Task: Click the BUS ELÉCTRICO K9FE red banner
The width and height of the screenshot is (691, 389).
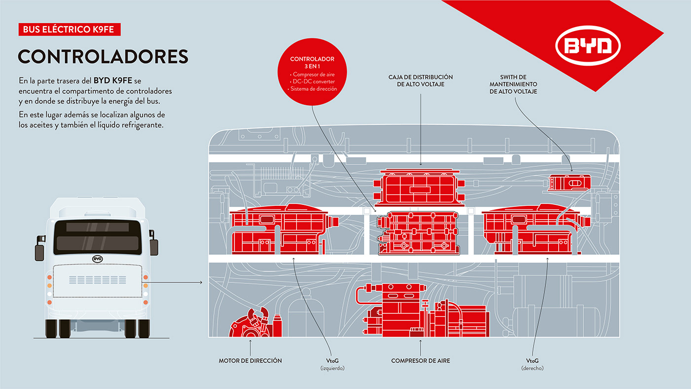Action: pyautogui.click(x=69, y=30)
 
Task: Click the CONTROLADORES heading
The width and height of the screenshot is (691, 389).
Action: pyautogui.click(x=103, y=56)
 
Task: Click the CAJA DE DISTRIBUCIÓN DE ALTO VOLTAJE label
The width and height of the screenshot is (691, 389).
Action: pyautogui.click(x=421, y=81)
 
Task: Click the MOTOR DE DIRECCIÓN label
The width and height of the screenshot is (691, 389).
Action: pyautogui.click(x=250, y=361)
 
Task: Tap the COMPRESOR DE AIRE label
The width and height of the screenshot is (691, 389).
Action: pyautogui.click(x=421, y=361)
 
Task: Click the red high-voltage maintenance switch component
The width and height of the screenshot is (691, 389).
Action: pyautogui.click(x=570, y=182)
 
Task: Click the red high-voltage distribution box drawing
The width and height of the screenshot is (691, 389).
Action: pyautogui.click(x=420, y=187)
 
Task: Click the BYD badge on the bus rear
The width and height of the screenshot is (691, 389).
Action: pyautogui.click(x=97, y=259)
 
